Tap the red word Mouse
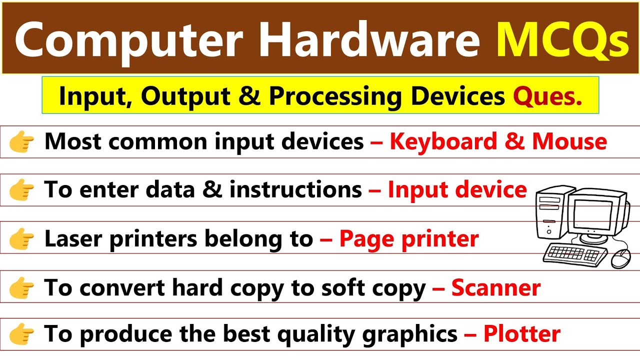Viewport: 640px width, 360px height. coord(569,142)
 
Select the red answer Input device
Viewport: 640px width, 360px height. coord(457,190)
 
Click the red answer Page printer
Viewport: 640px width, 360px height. coord(408,238)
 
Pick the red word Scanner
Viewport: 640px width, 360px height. coord(495,287)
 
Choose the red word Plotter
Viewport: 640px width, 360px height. coord(521,333)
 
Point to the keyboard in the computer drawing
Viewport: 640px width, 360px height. coord(575,255)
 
